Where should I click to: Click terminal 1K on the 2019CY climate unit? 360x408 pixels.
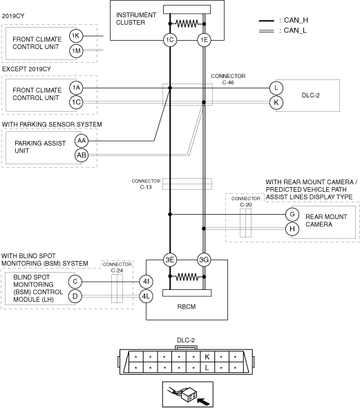tap(76, 36)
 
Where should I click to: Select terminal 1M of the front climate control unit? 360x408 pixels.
tap(76, 50)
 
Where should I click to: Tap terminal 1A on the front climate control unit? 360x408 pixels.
tap(76, 88)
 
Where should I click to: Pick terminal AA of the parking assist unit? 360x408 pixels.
tap(82, 141)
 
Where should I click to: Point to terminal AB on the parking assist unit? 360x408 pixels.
tap(82, 155)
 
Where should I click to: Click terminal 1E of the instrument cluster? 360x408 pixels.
tap(204, 40)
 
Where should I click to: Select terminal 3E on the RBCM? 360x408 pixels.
tap(170, 260)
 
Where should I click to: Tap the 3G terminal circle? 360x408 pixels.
tap(204, 260)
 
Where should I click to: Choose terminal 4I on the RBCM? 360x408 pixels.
tap(146, 282)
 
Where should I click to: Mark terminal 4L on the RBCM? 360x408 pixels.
tap(146, 296)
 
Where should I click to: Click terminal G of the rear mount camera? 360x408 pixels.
tap(292, 215)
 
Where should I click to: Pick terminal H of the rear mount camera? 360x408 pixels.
tap(292, 229)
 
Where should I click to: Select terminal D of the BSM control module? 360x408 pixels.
tap(75, 296)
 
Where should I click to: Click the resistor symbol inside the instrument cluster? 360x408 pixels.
tap(187, 23)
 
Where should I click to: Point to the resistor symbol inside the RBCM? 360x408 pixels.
tap(187, 277)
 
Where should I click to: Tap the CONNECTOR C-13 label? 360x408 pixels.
tap(146, 184)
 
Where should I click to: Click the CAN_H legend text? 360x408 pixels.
tap(296, 20)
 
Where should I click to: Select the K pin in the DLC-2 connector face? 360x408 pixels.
tap(207, 356)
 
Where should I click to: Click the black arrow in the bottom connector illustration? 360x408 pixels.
tap(203, 400)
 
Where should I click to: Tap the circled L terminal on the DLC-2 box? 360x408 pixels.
tap(276, 88)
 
